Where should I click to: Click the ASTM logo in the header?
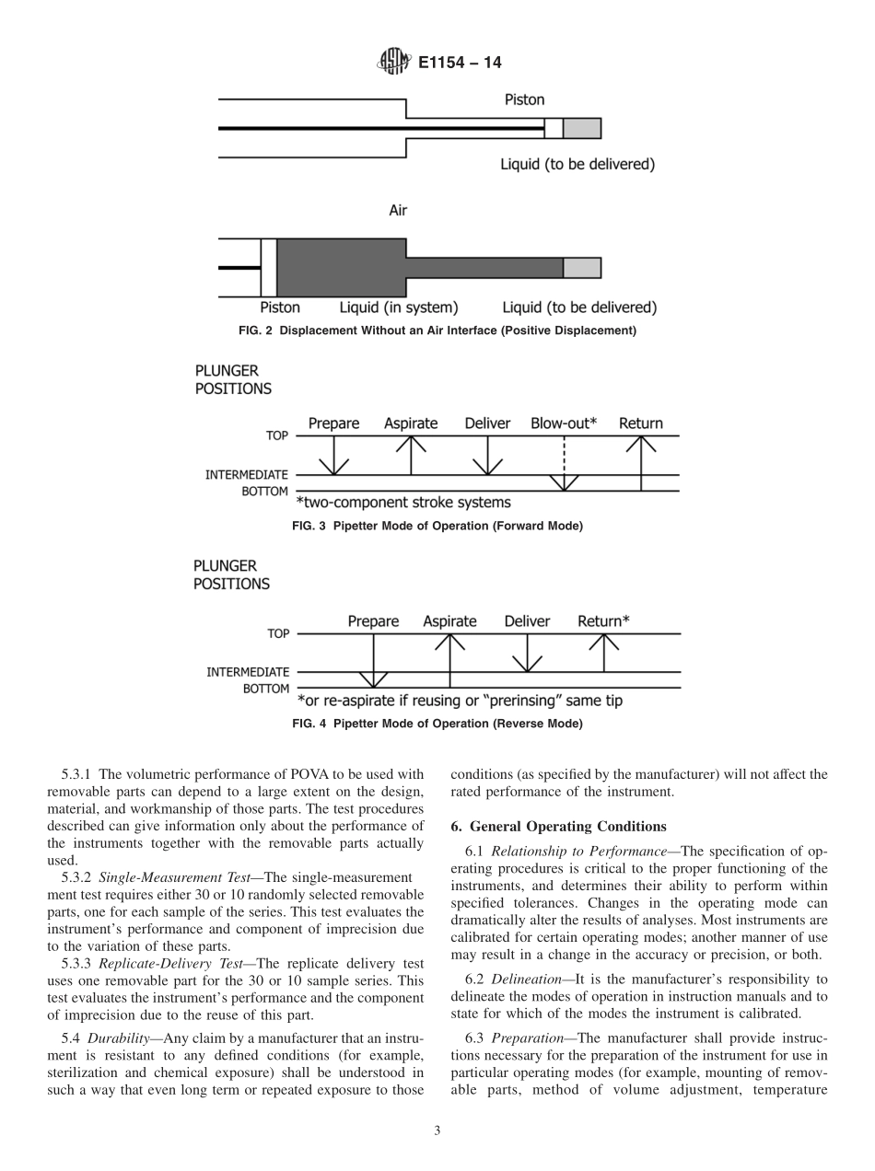coord(393,63)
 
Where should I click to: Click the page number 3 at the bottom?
coord(437,1131)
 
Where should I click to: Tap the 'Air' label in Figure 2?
coord(398,211)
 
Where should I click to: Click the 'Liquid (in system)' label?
coord(399,307)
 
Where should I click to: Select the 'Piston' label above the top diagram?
coord(524,99)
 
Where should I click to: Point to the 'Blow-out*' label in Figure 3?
coord(564,423)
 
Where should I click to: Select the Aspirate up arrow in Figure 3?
coord(411,455)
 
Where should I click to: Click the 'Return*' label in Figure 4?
coord(603,621)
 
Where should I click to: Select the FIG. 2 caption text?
coord(437,330)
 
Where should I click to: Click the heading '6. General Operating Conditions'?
coord(558,827)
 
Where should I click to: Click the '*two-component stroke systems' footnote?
coord(403,503)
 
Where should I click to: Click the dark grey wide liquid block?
coord(341,267)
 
